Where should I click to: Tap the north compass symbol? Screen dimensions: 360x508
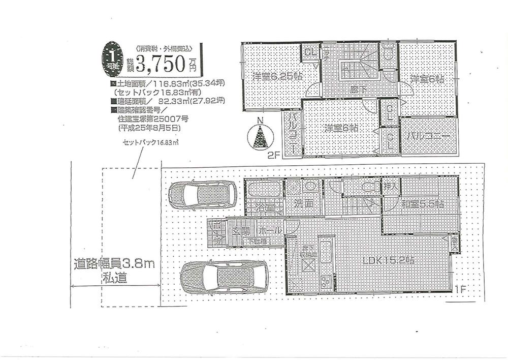[260, 135]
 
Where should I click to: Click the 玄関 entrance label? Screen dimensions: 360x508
[242, 231]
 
